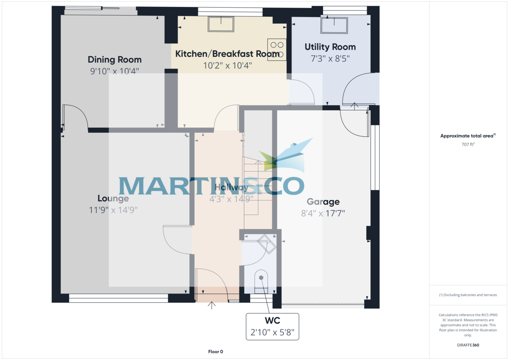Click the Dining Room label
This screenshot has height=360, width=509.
click(115, 59)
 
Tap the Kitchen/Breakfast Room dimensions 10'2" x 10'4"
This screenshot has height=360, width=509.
click(228, 66)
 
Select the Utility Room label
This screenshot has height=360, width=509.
click(330, 47)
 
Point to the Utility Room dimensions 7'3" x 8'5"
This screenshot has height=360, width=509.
click(330, 59)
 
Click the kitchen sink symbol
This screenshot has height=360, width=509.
click(221, 24)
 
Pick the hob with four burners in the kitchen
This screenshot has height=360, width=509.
click(277, 49)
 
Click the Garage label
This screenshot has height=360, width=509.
click(323, 202)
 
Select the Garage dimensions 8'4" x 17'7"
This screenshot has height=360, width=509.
click(323, 213)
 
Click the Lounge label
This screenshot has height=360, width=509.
click(113, 198)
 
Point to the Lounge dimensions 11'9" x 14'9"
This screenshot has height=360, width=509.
click(113, 209)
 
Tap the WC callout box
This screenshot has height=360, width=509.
click(272, 326)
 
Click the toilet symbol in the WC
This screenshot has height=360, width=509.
click(260, 280)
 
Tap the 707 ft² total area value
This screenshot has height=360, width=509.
click(468, 144)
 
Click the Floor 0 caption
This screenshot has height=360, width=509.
click(215, 352)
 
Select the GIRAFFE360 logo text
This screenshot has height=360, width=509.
click(468, 345)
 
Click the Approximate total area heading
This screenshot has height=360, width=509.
click(468, 136)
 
